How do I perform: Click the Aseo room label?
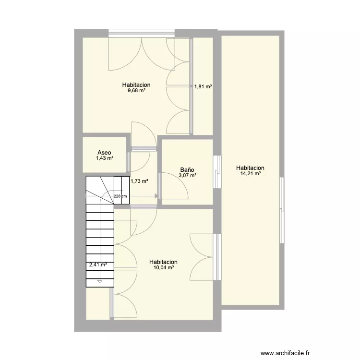(x=104, y=153)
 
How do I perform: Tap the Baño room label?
(x=187, y=169)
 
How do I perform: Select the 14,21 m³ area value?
(x=251, y=174)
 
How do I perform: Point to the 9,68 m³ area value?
(x=137, y=90)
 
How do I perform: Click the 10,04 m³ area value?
(x=164, y=267)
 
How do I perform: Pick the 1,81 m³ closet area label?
(x=203, y=86)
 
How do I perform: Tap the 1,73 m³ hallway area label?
(x=139, y=181)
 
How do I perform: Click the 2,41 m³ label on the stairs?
(x=98, y=264)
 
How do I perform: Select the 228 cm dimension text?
(x=120, y=196)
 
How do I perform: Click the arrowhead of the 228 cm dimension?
(x=156, y=196)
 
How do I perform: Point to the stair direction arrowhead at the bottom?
(x=100, y=281)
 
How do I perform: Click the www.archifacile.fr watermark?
(x=285, y=353)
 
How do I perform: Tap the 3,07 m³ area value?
(x=187, y=175)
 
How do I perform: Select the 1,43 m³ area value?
(x=105, y=158)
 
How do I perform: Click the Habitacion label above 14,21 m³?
(x=250, y=168)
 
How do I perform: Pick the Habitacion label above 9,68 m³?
(x=136, y=84)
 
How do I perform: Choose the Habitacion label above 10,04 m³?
(x=163, y=262)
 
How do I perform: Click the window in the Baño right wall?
(x=217, y=172)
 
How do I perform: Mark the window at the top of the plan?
(x=142, y=33)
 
